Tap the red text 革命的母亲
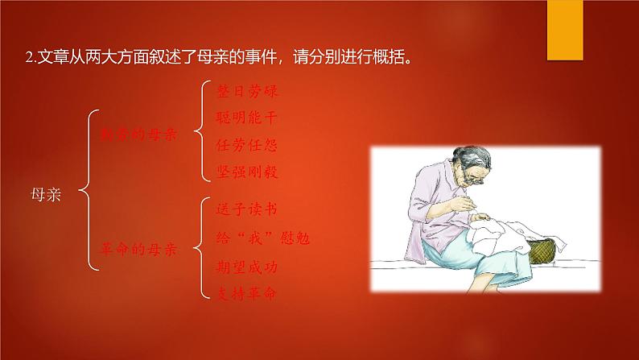click(138, 250)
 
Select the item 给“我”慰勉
click(264, 238)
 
